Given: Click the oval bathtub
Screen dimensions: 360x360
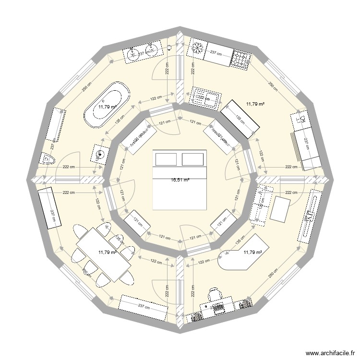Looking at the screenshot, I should click(107, 105).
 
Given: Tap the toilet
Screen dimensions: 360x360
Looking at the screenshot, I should click(49, 158).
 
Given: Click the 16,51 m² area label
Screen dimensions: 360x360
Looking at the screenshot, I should click(180, 180).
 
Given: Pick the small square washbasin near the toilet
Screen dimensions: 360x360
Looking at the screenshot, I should click(100, 154).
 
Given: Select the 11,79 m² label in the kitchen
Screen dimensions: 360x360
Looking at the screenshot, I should click(256, 103).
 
